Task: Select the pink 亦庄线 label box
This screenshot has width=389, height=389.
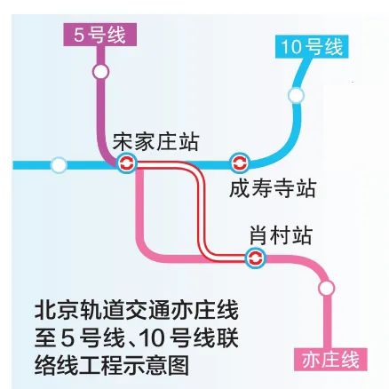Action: pyautogui.click(x=330, y=360)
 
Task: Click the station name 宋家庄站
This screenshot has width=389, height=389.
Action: pyautogui.click(x=155, y=141)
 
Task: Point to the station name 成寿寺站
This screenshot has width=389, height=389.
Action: pyautogui.click(x=272, y=188)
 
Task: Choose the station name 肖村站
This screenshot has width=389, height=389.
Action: pyautogui.click(x=280, y=235)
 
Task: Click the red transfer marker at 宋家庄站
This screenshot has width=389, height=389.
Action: pyautogui.click(x=126, y=163)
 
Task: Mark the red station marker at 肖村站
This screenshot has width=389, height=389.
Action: pyautogui.click(x=256, y=258)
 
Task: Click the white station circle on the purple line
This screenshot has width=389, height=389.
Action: pyautogui.click(x=100, y=70)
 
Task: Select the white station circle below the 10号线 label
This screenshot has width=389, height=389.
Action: pyautogui.click(x=297, y=94)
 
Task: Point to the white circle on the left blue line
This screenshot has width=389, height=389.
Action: pyautogui.click(x=59, y=164)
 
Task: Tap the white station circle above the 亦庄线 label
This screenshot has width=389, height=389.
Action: pyautogui.click(x=327, y=287)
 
